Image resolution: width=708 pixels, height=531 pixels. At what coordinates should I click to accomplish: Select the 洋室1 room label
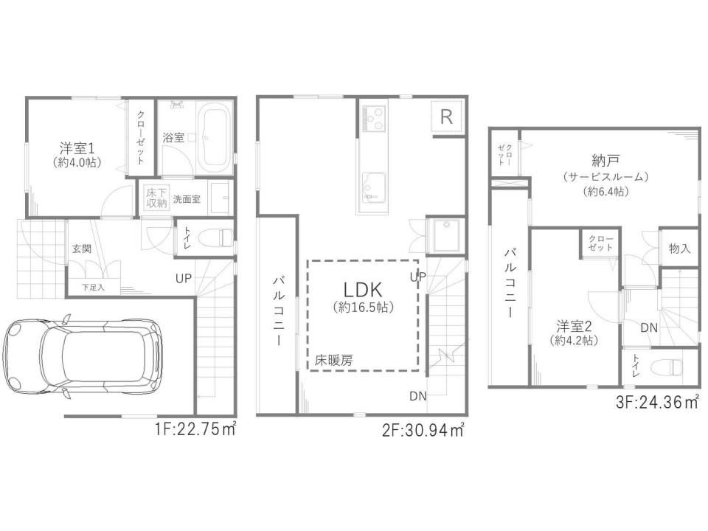tap(77, 147)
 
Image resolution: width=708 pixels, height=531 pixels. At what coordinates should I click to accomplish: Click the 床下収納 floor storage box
tap(156, 198)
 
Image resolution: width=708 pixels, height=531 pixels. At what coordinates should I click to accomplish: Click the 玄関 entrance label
tap(82, 249)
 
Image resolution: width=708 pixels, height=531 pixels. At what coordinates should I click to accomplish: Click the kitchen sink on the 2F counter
tap(373, 187)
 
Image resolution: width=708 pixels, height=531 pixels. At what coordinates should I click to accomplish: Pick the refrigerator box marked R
tap(446, 117)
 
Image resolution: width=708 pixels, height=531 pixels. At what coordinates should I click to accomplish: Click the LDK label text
tap(363, 289)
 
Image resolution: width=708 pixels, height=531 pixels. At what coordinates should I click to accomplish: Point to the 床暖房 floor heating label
tap(333, 361)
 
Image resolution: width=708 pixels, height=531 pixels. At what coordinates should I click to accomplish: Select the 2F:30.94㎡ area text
tap(423, 430)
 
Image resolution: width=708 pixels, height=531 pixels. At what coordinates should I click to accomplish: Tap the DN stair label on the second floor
tap(417, 397)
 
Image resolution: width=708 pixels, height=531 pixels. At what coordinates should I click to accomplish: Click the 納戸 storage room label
tap(605, 160)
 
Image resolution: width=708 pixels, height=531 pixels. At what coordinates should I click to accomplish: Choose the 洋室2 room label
tap(574, 325)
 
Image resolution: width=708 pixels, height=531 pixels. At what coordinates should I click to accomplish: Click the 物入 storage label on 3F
tap(679, 249)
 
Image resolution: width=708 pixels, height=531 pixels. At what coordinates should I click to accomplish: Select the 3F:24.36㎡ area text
tap(657, 402)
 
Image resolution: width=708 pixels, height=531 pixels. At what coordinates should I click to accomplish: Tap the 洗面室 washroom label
tap(187, 199)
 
